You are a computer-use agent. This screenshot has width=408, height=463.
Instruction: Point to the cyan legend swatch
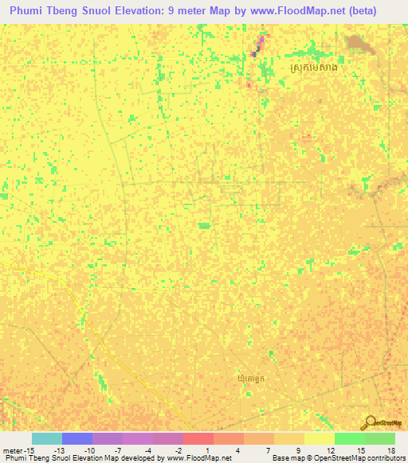tap(47, 438)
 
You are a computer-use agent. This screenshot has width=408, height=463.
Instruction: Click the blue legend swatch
tap(77, 438)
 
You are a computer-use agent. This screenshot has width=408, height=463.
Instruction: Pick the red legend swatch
tap(198, 438)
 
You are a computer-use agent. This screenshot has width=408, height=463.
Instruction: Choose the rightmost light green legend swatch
tap(380, 438)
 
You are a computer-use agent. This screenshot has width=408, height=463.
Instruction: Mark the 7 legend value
tap(269, 450)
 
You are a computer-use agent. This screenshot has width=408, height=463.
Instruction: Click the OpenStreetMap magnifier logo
tap(369, 422)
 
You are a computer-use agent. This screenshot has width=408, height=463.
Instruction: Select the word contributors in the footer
tap(384, 458)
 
